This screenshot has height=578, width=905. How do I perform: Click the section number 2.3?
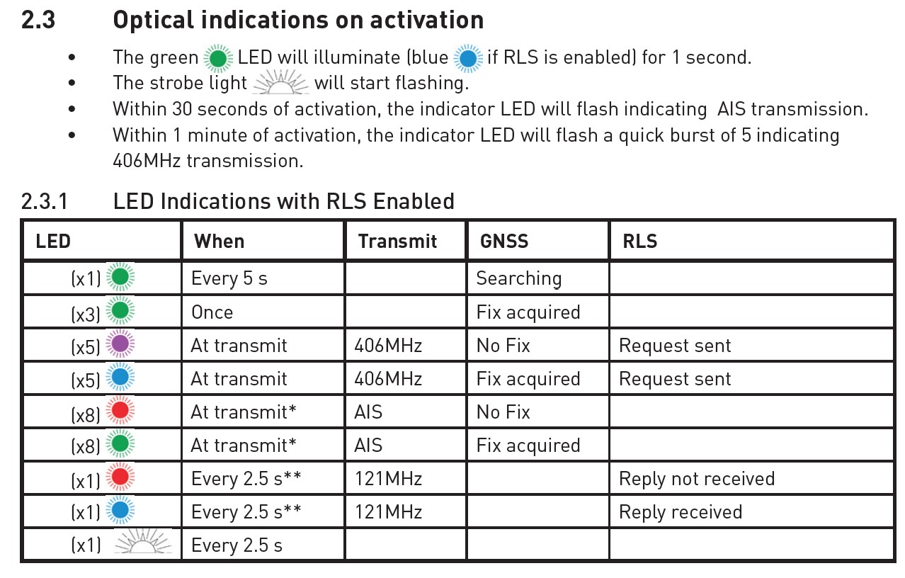38,21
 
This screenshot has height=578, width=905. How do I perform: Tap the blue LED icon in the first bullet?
468,59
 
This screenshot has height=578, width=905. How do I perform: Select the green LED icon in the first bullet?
218,59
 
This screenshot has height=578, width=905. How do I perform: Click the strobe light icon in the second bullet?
281,82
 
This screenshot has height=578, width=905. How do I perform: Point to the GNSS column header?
503,242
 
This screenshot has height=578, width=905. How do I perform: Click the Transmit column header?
397,242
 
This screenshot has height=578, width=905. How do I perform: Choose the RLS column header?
639,242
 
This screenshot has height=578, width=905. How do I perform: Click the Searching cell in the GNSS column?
519,278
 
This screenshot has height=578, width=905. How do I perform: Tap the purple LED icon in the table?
120,344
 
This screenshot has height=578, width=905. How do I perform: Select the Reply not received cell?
697,479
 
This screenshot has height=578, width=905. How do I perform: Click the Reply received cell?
681,511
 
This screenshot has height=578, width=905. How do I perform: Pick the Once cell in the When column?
212,312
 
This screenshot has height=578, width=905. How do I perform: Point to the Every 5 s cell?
229,278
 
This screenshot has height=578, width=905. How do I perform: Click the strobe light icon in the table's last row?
143,541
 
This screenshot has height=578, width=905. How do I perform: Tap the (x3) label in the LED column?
85,314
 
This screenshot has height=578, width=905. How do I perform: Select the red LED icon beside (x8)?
120,410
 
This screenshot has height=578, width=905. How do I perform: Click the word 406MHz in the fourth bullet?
147,161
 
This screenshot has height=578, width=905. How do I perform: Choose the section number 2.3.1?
45,201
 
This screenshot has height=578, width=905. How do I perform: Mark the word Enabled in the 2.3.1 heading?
414,201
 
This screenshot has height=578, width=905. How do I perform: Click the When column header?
219,242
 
